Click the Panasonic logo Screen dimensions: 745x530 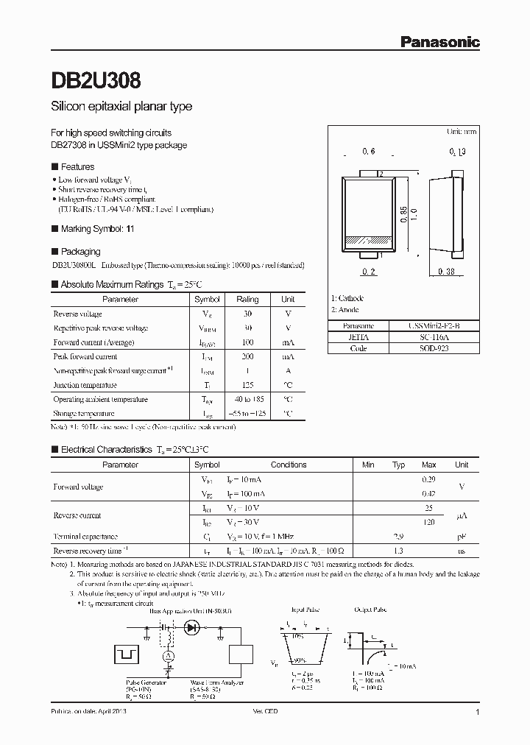440,42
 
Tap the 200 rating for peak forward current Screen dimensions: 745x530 247,356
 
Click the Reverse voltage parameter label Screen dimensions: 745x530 77,314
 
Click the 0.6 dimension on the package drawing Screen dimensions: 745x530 369,151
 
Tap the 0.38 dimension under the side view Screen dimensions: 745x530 445,272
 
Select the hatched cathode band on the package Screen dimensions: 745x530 369,240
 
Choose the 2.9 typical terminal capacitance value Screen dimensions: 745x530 398,537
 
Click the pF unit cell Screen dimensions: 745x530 462,537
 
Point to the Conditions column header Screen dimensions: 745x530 289,465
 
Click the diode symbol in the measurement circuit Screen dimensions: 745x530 193,627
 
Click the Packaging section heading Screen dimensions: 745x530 80,251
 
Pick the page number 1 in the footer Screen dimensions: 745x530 478,713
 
